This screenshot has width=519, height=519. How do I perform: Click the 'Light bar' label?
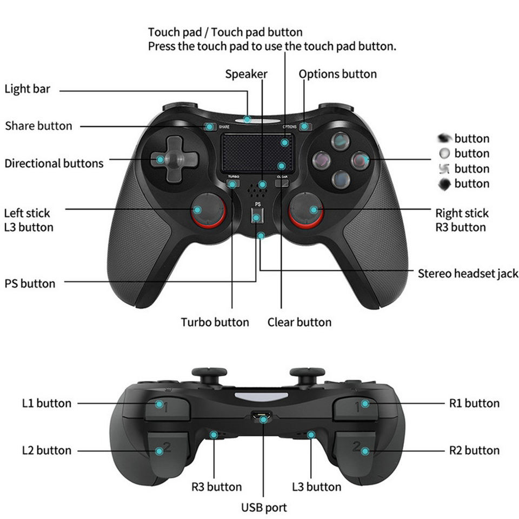[x=27, y=89]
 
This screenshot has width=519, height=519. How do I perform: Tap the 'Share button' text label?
[x=38, y=126]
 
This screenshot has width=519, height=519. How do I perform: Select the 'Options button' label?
[x=337, y=74]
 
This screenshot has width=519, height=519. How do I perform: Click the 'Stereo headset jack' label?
[x=468, y=274]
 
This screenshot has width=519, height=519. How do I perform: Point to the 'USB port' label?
[x=264, y=507]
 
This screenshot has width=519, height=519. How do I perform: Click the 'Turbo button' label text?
[x=215, y=322]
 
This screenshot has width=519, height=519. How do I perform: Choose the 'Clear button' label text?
[x=299, y=322]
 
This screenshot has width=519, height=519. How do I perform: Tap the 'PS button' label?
[x=30, y=283]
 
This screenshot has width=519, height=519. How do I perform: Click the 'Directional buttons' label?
[x=54, y=163]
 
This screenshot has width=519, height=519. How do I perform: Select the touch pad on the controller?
[x=257, y=153]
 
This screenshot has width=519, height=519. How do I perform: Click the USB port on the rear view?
[x=263, y=418]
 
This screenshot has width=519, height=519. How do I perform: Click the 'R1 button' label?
[x=474, y=403]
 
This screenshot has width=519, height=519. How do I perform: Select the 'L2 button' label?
[x=46, y=450]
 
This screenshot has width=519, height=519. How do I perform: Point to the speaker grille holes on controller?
[x=256, y=190]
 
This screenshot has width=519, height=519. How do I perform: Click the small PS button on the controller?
[x=257, y=217]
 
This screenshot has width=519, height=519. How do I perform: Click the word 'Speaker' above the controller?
[x=246, y=74]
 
